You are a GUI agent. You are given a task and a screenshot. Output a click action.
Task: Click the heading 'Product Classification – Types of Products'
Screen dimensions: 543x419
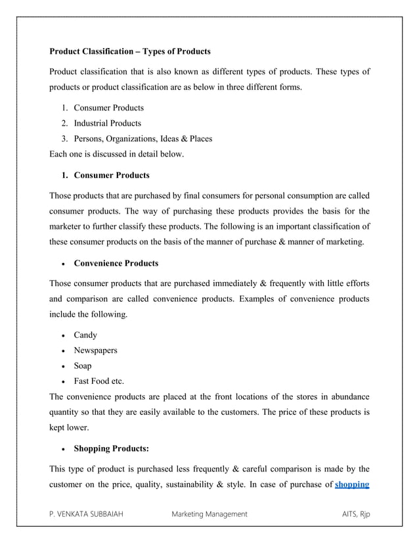pyautogui.click(x=130, y=51)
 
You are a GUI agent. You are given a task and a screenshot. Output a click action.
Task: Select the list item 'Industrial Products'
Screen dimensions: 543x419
pyautogui.click(x=107, y=123)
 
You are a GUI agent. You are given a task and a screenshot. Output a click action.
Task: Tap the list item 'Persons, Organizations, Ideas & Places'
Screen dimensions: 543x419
pyautogui.click(x=143, y=139)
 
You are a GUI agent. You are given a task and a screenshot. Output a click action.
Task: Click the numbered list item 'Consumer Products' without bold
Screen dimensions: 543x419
pyautogui.click(x=108, y=107)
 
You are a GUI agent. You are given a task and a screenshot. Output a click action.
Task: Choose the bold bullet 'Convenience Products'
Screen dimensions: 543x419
pyautogui.click(x=116, y=264)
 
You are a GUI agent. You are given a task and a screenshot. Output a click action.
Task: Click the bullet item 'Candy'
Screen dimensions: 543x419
pyautogui.click(x=85, y=335)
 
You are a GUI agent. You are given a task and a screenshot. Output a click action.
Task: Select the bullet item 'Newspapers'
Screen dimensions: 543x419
pyautogui.click(x=95, y=350)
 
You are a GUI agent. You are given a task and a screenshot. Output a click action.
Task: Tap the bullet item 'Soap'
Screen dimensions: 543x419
pyautogui.click(x=83, y=366)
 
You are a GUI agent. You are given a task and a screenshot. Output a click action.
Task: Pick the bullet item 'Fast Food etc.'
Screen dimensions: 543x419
pyautogui.click(x=99, y=381)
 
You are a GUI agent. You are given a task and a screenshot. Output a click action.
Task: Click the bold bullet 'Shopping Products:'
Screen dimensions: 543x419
pyautogui.click(x=111, y=449)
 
